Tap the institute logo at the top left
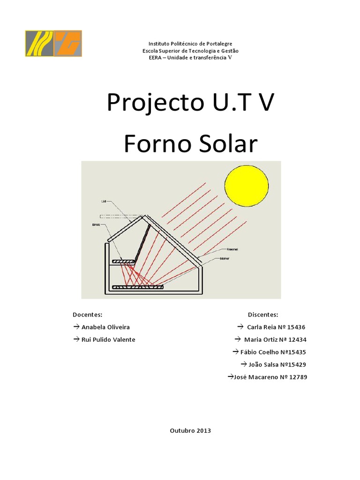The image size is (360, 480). (x=53, y=44)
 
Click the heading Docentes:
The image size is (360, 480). (x=88, y=314)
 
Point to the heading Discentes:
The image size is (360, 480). (x=262, y=314)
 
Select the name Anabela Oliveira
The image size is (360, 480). (x=105, y=327)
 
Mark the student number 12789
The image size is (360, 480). (x=297, y=377)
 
